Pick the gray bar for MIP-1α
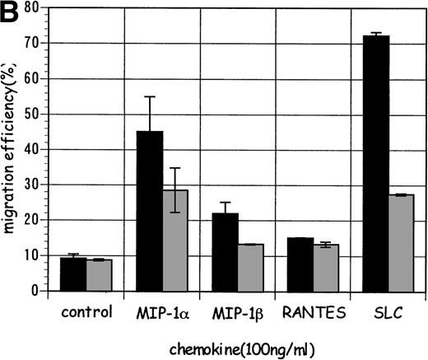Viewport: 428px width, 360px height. [x=175, y=240]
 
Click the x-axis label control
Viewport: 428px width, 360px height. [x=86, y=313]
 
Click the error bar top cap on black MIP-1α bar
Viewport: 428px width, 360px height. [x=150, y=97]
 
